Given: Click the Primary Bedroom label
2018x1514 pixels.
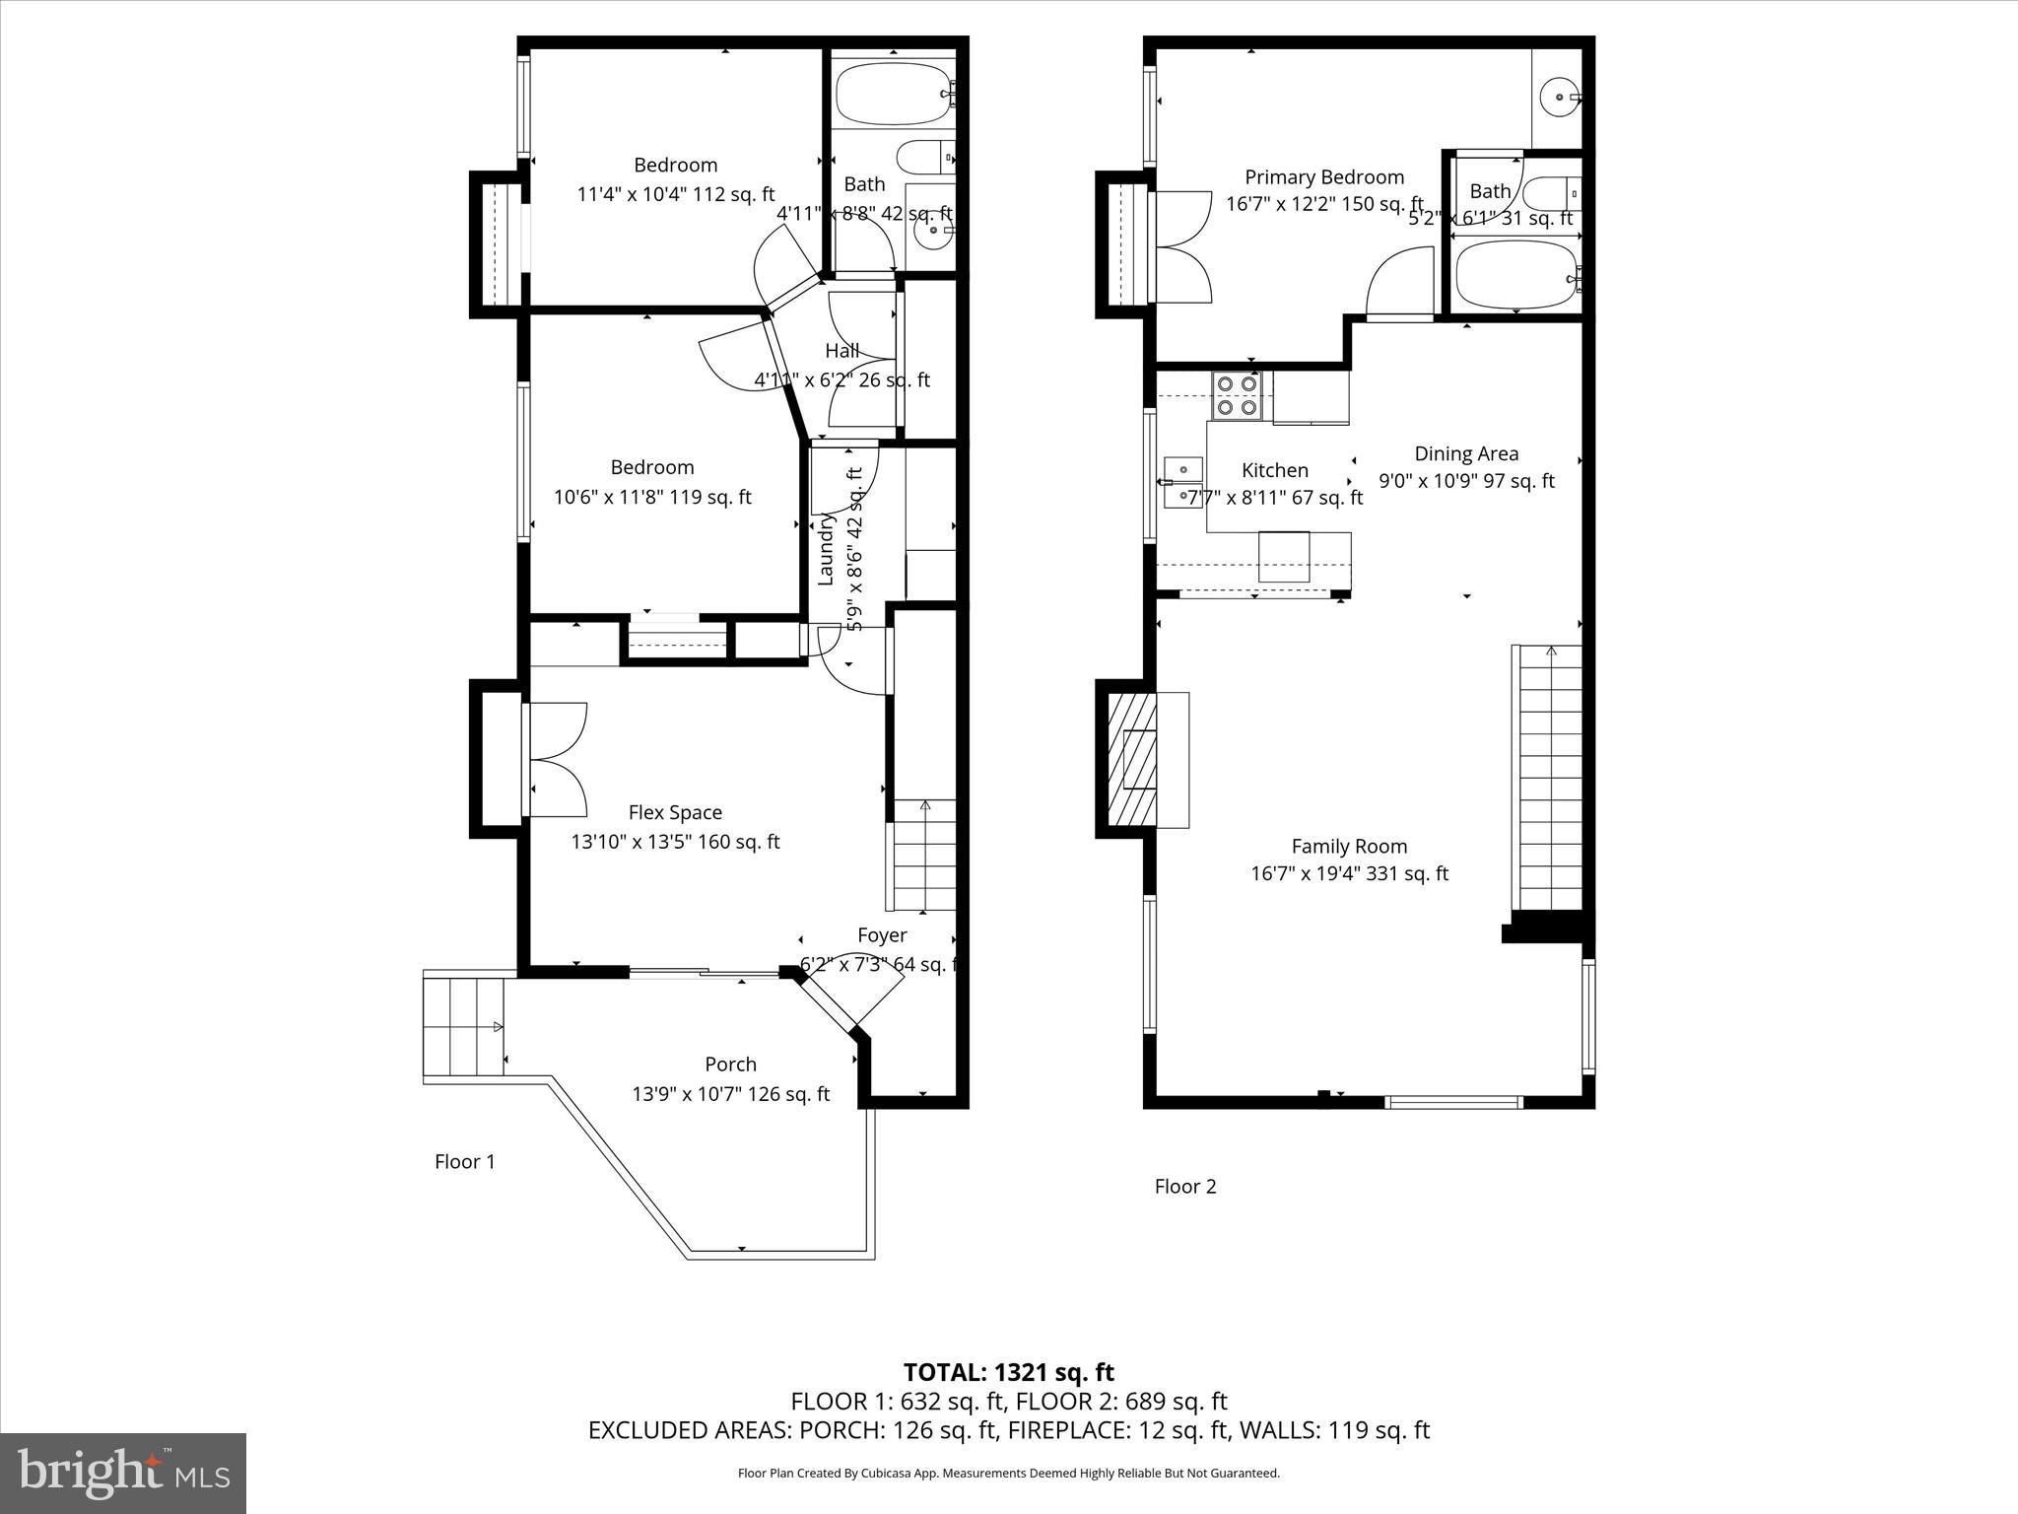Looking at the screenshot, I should pyautogui.click(x=1323, y=177).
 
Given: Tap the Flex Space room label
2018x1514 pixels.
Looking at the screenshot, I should pyautogui.click(x=675, y=812).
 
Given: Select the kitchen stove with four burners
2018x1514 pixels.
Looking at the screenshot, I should pyautogui.click(x=1237, y=394).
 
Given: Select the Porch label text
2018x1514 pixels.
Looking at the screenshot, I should pyautogui.click(x=730, y=1065).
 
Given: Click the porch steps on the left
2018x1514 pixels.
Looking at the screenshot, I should pyautogui.click(x=463, y=1028).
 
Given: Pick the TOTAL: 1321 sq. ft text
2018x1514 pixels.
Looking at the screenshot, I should pyautogui.click(x=1008, y=1372).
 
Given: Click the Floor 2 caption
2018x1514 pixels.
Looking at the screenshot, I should pyautogui.click(x=1185, y=1187).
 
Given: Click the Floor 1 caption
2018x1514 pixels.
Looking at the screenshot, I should pyautogui.click(x=465, y=1162).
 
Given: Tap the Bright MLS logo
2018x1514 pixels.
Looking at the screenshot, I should pyautogui.click(x=123, y=1474).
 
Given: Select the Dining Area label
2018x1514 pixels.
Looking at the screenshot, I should pyautogui.click(x=1466, y=454).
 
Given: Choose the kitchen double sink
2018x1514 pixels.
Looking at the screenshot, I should pyautogui.click(x=1182, y=481).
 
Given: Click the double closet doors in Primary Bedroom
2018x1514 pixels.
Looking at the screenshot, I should pyautogui.click(x=1182, y=246).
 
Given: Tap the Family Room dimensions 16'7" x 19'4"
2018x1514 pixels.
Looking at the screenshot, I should pyautogui.click(x=1349, y=873).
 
